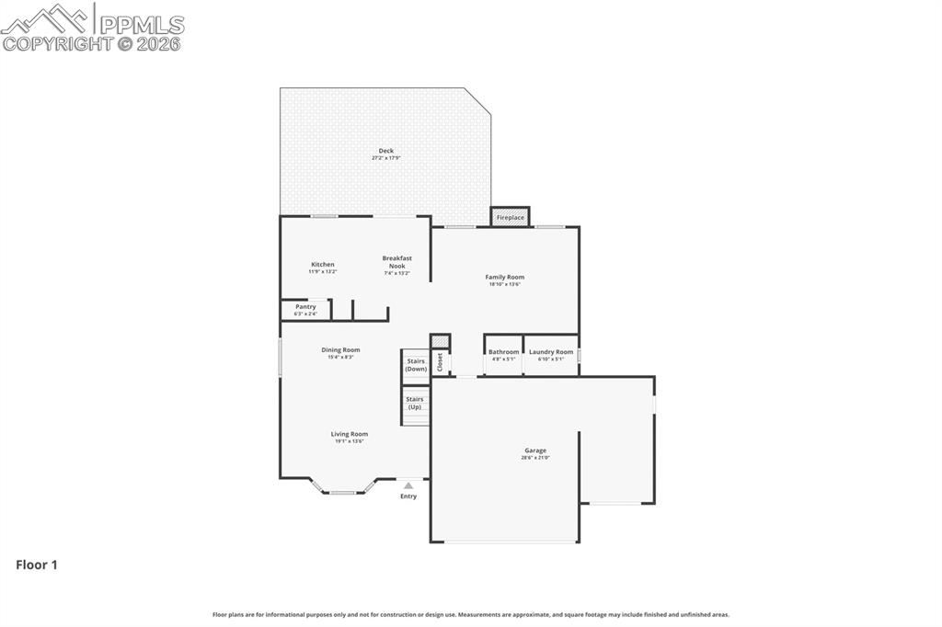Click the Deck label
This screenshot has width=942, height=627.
click(x=385, y=151)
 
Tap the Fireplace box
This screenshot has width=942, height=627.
click(x=510, y=217)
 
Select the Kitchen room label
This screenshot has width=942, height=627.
click(x=322, y=265)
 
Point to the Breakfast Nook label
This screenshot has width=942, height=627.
click(x=396, y=262)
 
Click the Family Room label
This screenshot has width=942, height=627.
click(x=504, y=277)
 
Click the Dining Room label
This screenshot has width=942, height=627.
click(x=340, y=349)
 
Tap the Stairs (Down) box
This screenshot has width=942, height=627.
click(x=416, y=365)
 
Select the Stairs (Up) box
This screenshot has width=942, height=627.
click(x=415, y=403)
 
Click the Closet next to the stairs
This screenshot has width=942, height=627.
click(x=440, y=362)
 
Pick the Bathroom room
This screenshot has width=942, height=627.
click(x=503, y=354)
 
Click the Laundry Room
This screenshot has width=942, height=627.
click(x=551, y=354)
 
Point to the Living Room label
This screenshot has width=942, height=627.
click(x=350, y=434)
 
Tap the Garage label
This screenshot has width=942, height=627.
click(x=535, y=450)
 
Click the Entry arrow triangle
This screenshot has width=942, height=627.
click(x=408, y=485)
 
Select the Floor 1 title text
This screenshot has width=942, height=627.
click(x=37, y=565)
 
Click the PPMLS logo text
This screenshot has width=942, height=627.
click(x=141, y=25)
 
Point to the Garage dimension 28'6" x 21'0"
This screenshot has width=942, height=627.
click(x=535, y=458)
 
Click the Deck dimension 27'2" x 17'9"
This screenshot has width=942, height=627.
click(x=385, y=158)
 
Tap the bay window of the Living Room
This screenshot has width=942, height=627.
click(x=343, y=491)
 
